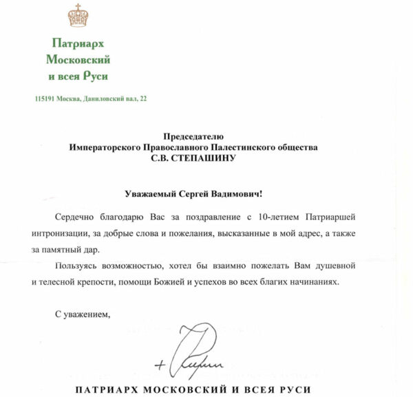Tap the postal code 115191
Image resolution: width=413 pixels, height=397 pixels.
click(x=46, y=100)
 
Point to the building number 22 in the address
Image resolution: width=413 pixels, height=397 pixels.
click(x=143, y=100)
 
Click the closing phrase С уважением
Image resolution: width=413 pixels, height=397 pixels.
click(x=82, y=315)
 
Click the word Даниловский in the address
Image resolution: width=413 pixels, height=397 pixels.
click(x=103, y=100)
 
